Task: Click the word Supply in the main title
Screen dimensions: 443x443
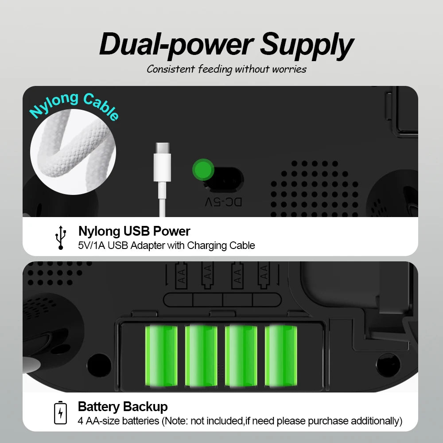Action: (x=307, y=45)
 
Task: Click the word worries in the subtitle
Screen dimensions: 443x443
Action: (x=289, y=69)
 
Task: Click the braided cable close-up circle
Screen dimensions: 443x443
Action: (x=73, y=152)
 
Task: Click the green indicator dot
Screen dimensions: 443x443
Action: (x=203, y=170)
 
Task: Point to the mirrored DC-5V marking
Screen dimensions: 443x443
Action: (x=223, y=202)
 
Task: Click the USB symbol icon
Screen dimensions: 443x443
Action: (x=60, y=237)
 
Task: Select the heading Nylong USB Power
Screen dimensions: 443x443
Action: (x=134, y=231)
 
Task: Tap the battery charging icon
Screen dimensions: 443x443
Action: (x=60, y=412)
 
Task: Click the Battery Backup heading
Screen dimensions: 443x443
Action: (x=123, y=407)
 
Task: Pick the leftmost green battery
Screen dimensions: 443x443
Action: (x=161, y=356)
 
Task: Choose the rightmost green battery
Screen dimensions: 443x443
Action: (x=281, y=356)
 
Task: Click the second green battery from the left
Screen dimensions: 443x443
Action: (x=201, y=356)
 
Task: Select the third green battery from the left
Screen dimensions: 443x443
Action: (x=241, y=356)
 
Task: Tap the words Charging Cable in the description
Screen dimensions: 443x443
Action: (x=221, y=245)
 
